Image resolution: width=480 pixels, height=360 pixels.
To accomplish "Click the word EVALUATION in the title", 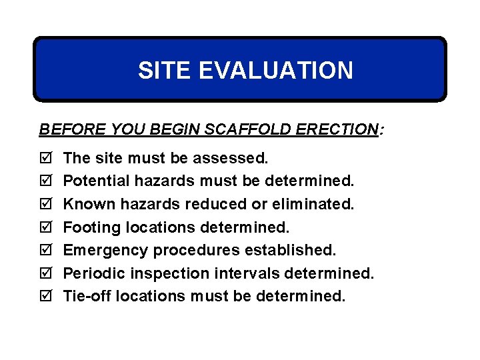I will pyautogui.click(x=276, y=70).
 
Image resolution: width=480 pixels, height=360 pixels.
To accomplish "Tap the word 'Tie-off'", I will pyautogui.click(x=87, y=295).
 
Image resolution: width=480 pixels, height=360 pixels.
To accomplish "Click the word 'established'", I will pyautogui.click(x=291, y=249).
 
